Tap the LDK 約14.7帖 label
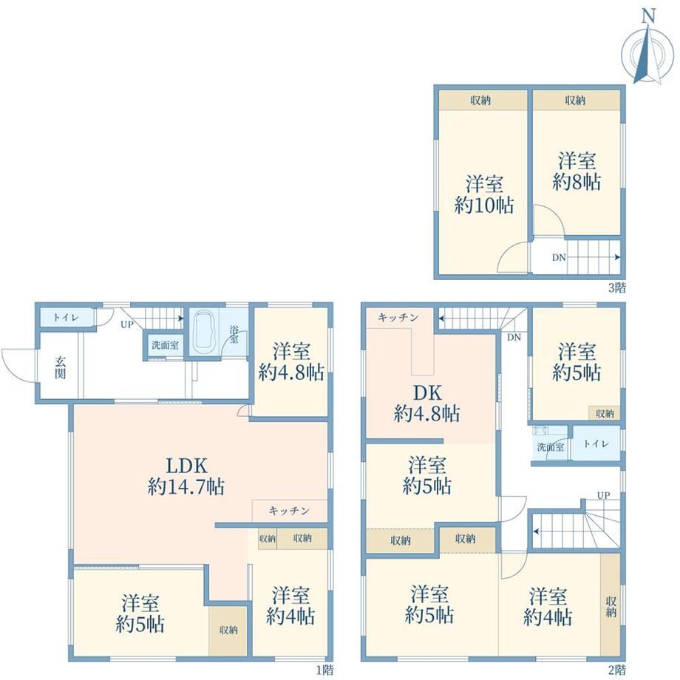point(186,476)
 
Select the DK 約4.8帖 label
point(427,404)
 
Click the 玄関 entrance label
point(61,367)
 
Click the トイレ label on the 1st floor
point(66,317)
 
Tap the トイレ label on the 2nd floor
point(596,443)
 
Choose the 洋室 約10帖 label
point(484,194)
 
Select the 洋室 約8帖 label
point(577,171)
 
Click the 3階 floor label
point(616,287)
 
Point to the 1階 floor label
point(324,670)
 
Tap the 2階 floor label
point(616,670)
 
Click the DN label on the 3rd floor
point(559,257)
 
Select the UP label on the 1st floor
point(126,324)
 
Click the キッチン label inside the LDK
point(289,511)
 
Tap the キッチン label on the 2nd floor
point(398,317)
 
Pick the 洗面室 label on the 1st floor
point(166,345)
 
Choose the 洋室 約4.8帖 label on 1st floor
point(291,361)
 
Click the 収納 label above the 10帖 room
point(480,101)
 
